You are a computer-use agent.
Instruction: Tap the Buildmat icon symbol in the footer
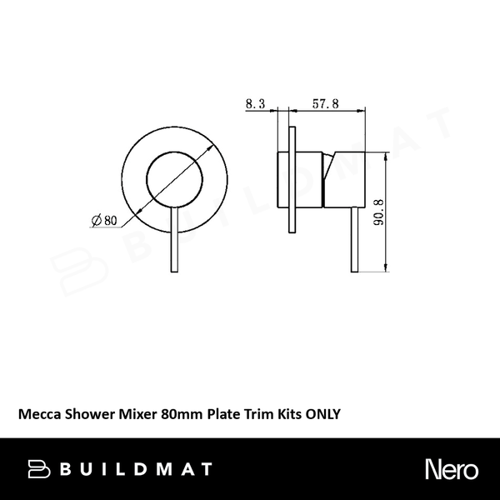tap(39, 469)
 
